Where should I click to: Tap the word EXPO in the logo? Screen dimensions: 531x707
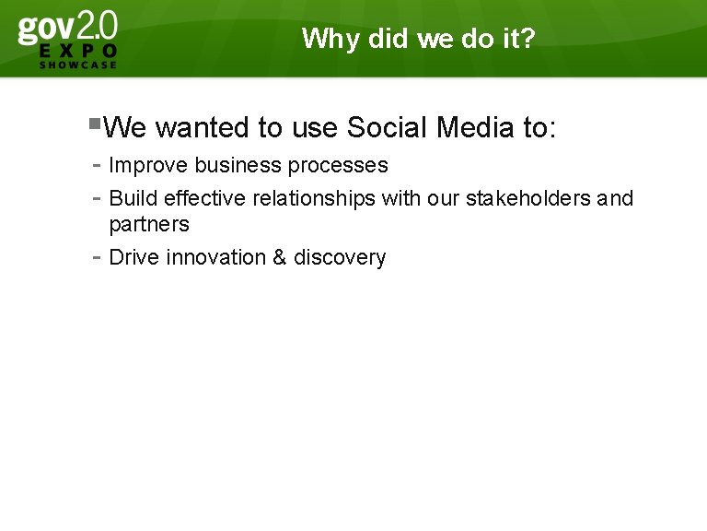[78, 51]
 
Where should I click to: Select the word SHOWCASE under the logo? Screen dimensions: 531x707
[78, 65]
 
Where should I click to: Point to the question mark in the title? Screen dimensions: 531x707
[527, 39]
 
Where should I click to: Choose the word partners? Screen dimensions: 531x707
[149, 225]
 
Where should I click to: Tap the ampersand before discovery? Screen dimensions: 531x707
[280, 257]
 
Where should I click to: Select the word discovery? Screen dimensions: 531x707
[340, 257]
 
